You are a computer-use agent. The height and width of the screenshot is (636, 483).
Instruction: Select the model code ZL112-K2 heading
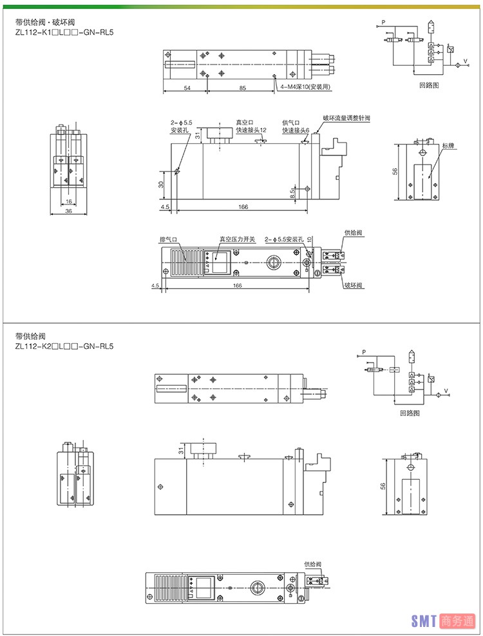(x=64, y=346)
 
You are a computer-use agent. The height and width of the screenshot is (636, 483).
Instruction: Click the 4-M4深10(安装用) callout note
(x=305, y=88)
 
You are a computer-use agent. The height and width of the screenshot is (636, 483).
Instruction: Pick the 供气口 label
(x=292, y=122)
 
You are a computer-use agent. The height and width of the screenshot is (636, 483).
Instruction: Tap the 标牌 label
(x=448, y=146)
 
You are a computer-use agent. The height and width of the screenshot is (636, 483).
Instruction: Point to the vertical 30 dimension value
(x=162, y=184)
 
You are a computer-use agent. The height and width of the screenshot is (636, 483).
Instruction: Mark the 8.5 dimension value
(x=293, y=192)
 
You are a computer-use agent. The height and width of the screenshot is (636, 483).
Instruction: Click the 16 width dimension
(x=68, y=202)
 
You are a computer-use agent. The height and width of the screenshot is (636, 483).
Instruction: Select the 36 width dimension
(x=68, y=212)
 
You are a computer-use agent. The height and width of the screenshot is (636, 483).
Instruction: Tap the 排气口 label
(x=169, y=239)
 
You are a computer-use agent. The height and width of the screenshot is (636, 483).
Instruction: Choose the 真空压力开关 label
(x=237, y=239)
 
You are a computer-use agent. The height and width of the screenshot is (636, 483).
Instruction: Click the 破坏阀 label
(x=354, y=285)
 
